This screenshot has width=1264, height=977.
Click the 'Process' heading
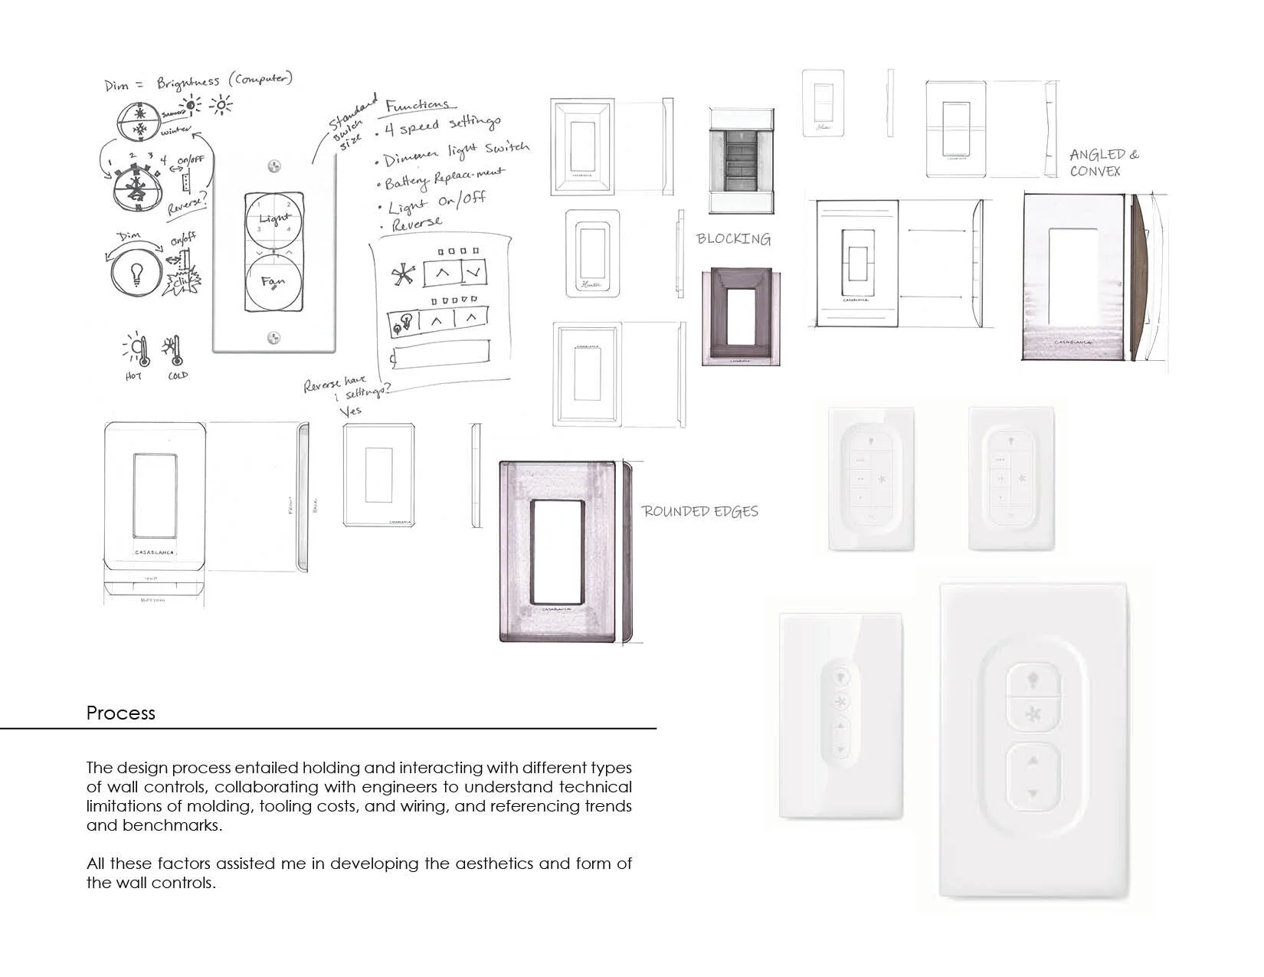point(120,713)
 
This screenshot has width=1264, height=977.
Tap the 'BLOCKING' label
point(733,239)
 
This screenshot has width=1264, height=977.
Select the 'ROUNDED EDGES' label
point(699,511)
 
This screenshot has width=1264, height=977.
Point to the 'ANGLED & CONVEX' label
point(1103,163)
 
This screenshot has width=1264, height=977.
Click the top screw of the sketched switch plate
point(273,166)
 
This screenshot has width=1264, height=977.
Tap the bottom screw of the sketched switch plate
point(273,338)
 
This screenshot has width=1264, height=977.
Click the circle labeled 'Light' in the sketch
point(273,220)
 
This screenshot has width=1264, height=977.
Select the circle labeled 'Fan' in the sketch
point(273,283)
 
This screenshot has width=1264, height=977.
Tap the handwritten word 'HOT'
point(133,376)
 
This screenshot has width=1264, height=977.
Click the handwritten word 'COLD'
point(178,376)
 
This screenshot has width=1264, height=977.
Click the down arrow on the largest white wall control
point(1033,795)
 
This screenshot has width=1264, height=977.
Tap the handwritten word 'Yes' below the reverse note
point(350,411)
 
